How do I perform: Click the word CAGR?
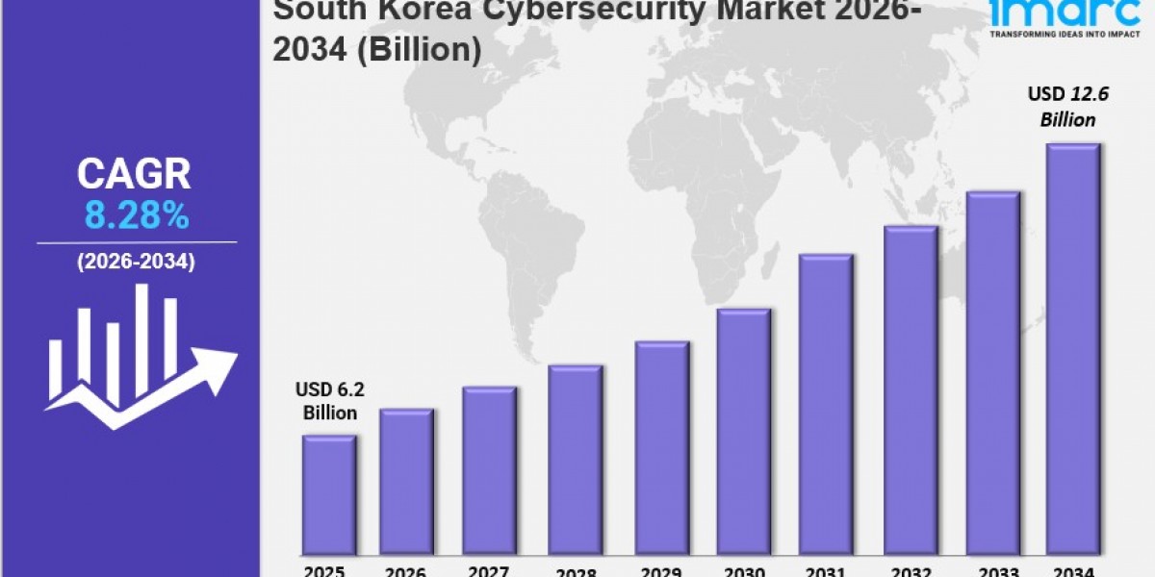point(134,175)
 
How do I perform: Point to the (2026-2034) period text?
point(136,262)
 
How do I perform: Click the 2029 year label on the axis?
point(662,570)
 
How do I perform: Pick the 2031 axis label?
point(826,570)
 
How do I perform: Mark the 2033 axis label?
point(991,570)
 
